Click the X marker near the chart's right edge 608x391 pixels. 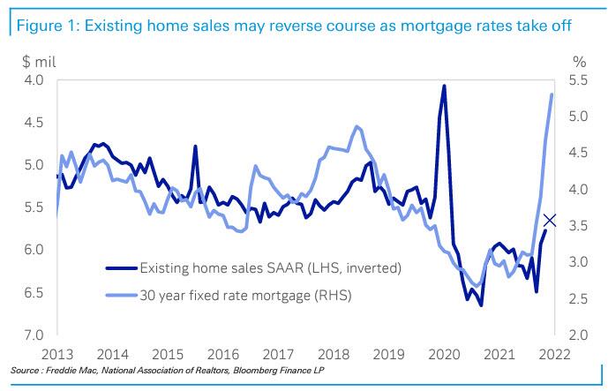click(550, 220)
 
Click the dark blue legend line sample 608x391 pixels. click(121, 267)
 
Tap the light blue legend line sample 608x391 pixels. click(121, 296)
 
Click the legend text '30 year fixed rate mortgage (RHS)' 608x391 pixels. click(244, 296)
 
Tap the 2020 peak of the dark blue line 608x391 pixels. click(444, 86)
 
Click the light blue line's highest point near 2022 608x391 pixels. click(552, 94)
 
